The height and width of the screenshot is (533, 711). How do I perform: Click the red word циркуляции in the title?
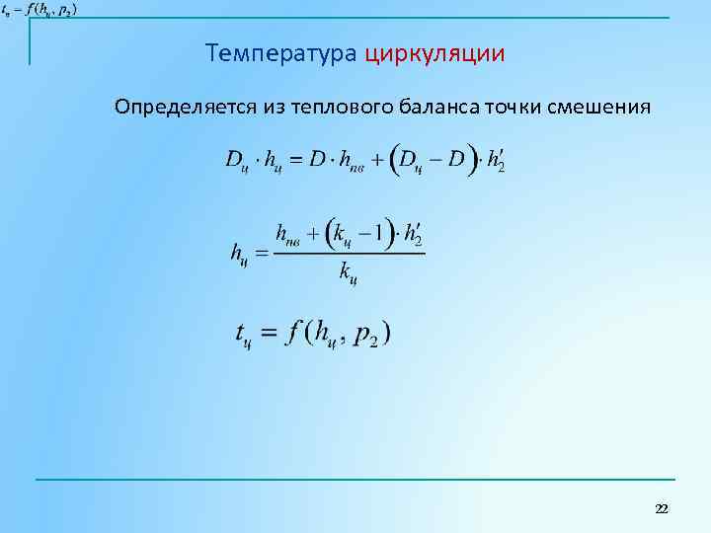(434, 53)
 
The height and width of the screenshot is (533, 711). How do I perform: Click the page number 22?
(662, 508)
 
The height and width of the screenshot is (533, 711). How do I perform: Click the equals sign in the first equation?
(294, 160)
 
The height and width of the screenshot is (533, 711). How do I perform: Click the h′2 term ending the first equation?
(495, 160)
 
